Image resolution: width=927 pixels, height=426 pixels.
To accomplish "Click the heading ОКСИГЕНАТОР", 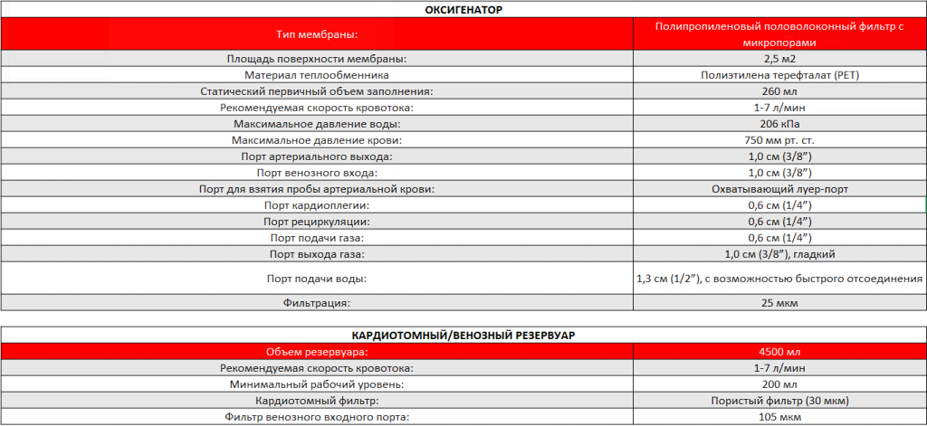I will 463,9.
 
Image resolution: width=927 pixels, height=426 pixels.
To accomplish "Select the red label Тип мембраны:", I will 317,34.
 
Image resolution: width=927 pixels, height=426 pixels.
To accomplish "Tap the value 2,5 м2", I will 779,59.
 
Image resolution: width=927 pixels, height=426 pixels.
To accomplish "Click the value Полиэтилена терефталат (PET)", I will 779,75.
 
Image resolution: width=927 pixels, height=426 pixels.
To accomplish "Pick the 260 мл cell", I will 779,91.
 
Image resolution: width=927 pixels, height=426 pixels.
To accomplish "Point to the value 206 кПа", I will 779,124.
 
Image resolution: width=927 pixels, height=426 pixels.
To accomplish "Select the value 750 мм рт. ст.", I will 779,140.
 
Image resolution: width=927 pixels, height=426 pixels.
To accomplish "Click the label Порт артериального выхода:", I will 317,156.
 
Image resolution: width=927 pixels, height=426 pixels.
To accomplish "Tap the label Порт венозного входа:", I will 317,173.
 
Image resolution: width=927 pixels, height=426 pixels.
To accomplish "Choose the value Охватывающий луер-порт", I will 779,189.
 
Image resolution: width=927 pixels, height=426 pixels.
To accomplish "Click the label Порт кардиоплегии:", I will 317,205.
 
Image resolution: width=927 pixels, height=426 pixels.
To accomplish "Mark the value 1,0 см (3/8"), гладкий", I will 779,254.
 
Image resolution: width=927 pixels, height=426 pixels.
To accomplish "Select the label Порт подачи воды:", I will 317,279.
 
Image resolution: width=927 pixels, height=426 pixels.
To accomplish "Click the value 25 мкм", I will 779,303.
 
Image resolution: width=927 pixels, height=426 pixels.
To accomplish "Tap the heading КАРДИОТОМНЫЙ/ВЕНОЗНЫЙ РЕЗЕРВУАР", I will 463,335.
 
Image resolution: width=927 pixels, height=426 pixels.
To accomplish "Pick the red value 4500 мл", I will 779,352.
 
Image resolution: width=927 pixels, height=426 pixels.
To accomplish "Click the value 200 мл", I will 779,384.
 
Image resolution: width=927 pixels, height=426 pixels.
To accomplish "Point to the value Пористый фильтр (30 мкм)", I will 779,401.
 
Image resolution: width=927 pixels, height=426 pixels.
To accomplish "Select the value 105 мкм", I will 779,417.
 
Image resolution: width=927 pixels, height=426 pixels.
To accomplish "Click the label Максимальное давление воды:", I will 317,124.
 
